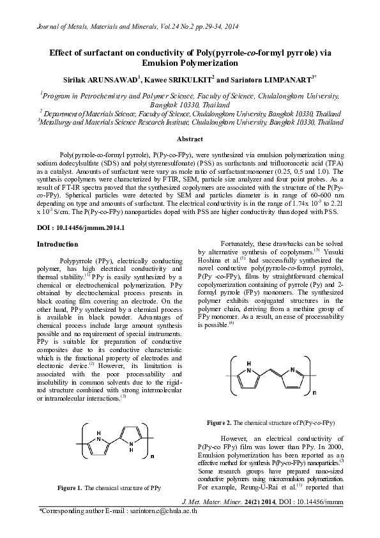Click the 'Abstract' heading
click(190, 139)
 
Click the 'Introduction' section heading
click(57, 245)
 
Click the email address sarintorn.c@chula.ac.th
click(162, 512)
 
